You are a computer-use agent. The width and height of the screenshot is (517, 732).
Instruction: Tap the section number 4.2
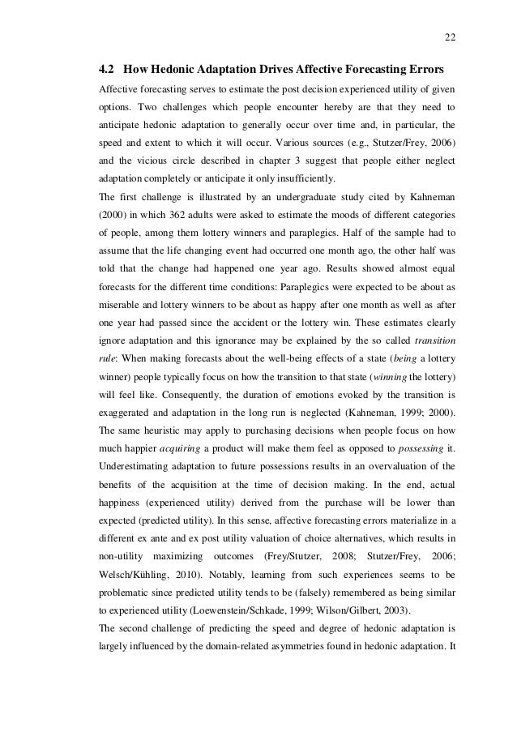[105, 67]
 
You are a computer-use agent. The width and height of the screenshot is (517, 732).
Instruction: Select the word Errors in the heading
[435, 67]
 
